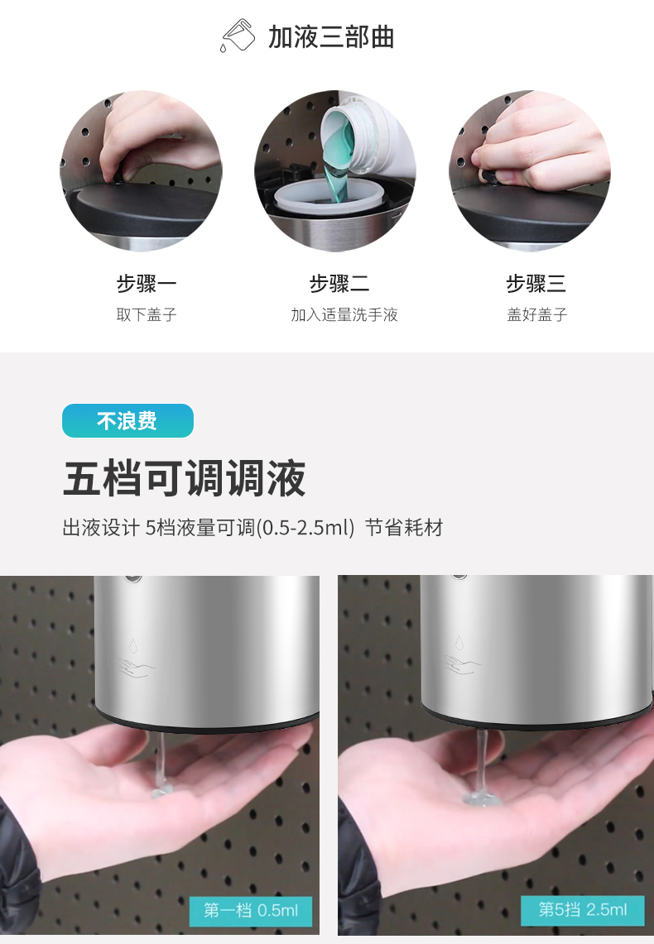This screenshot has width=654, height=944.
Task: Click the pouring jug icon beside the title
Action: pyautogui.click(x=238, y=36)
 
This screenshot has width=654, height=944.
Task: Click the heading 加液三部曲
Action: pyautogui.click(x=331, y=37)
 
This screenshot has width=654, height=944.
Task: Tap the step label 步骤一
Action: pyautogui.click(x=147, y=283)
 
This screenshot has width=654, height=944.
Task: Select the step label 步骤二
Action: pyautogui.click(x=339, y=283)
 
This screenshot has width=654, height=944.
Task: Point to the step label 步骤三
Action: pyautogui.click(x=536, y=283)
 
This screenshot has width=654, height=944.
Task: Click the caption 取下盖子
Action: pyautogui.click(x=147, y=314)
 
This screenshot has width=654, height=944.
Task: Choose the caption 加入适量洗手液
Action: pyautogui.click(x=344, y=314)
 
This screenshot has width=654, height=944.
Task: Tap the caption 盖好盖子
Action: pyautogui.click(x=537, y=314)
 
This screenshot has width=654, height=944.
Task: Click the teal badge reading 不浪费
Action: pyautogui.click(x=127, y=420)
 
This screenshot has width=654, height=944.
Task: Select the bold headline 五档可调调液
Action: pyautogui.click(x=185, y=479)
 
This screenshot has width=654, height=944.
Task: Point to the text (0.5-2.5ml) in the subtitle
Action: pyautogui.click(x=305, y=527)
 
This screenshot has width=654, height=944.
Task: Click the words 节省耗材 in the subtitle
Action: pyautogui.click(x=404, y=527)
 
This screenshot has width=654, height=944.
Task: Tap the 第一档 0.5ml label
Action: pyautogui.click(x=251, y=910)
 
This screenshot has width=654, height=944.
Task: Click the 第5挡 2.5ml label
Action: pyautogui.click(x=582, y=909)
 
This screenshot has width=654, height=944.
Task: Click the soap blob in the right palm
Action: pyautogui.click(x=482, y=798)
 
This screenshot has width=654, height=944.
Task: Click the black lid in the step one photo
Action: pyautogui.click(x=136, y=211)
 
